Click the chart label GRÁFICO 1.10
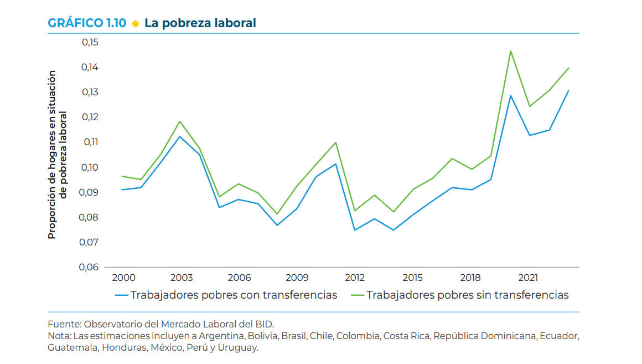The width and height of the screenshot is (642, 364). point(87,23)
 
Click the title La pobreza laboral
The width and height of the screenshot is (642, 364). point(200,23)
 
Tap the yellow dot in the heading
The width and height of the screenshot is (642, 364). point(135,23)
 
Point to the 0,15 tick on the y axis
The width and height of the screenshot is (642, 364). point(90,42)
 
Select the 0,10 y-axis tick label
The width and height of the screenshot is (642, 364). point(90,167)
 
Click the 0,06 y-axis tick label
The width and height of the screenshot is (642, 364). point(90,267)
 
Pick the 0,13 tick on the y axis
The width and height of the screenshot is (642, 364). point(90,92)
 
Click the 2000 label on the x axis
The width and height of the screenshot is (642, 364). point(123,278)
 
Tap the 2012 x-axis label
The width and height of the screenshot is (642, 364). point(354,278)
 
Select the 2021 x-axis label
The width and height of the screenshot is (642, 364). point(528,278)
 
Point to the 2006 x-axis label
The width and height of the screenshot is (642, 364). point(239,278)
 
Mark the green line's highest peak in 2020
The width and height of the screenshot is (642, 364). point(510,51)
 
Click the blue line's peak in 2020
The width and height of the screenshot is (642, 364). point(510,95)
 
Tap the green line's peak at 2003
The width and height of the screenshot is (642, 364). point(180,121)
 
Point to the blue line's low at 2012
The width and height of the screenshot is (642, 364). point(354,230)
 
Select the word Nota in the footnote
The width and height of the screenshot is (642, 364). point(59,336)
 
